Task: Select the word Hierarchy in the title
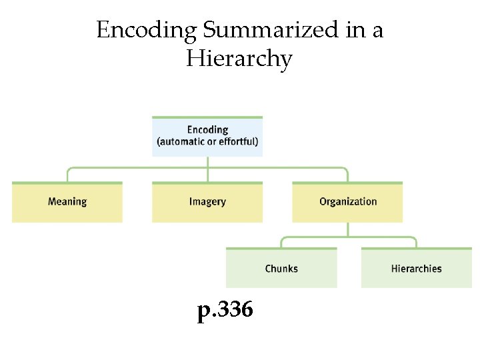pos(239,59)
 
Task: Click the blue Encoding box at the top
pos(207,137)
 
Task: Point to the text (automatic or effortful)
pos(207,142)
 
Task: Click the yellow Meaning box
pos(67,202)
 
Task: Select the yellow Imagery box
pos(207,202)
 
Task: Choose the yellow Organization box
pos(347,202)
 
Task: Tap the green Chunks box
pos(281,269)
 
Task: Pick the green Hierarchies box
pos(416,269)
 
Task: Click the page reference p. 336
pos(225,310)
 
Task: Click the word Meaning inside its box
pos(67,201)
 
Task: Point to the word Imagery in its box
pos(207,201)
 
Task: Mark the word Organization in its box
pos(347,201)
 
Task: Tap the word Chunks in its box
pos(281,269)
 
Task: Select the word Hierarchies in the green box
pos(416,269)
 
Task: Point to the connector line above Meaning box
pos(67,175)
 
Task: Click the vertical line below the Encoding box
pos(207,163)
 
